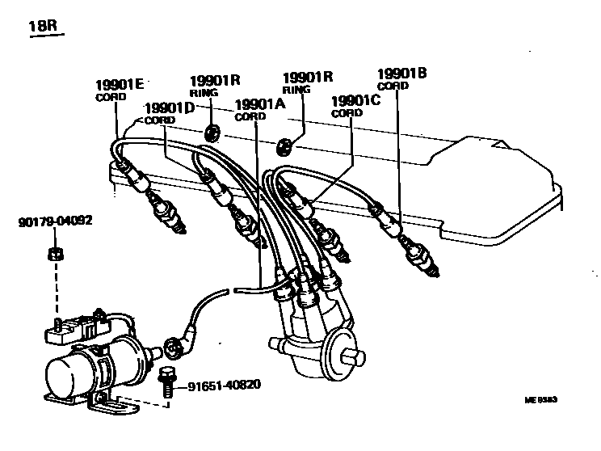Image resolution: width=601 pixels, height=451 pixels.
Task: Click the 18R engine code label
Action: click(43, 28)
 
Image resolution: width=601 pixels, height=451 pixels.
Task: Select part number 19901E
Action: click(120, 83)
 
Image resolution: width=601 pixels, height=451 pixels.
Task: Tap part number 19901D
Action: click(170, 108)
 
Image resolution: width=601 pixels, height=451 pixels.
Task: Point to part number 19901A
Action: click(259, 104)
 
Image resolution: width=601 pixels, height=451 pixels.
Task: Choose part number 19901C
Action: click(357, 101)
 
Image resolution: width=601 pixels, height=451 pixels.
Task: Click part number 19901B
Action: click(401, 74)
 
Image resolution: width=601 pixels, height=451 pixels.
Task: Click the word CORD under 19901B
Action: click(393, 86)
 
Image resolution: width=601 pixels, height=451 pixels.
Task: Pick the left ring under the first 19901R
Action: click(212, 132)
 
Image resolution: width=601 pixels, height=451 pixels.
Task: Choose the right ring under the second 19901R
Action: click(284, 145)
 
